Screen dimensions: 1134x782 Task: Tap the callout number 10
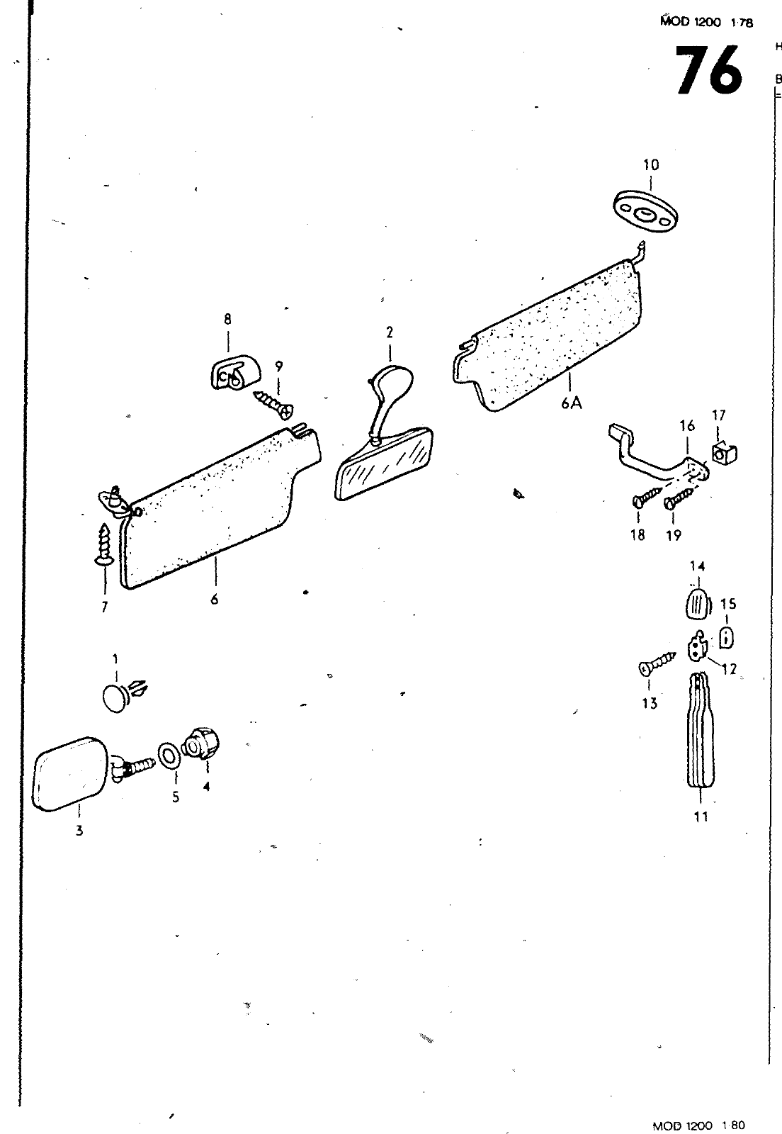coord(650,165)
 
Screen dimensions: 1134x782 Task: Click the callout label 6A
coord(571,403)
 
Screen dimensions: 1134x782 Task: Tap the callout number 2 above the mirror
coord(390,332)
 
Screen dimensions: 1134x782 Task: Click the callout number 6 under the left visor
coord(214,599)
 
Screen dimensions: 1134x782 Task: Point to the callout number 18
coord(638,535)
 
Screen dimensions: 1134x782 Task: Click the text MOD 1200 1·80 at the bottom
coord(700,1125)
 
